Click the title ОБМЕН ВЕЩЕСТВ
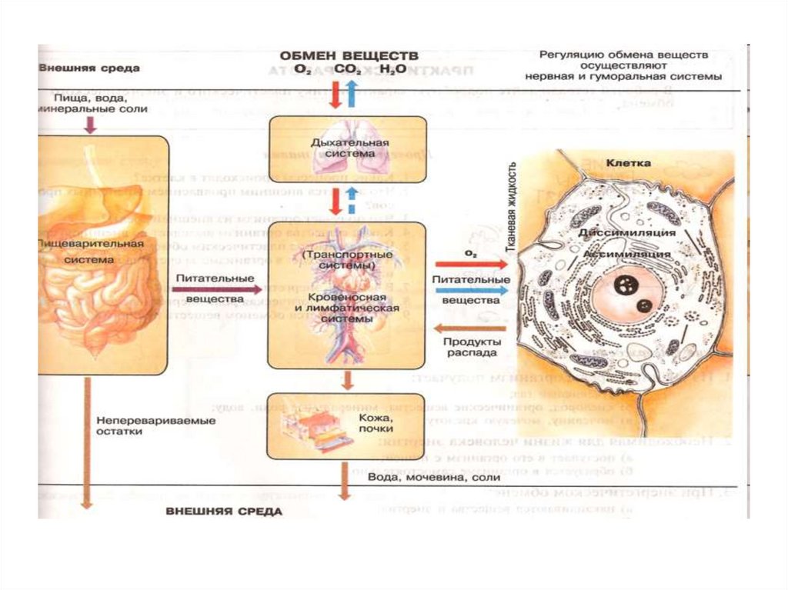pyautogui.click(x=349, y=56)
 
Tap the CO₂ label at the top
pyautogui.click(x=347, y=70)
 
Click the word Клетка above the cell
pyautogui.click(x=628, y=164)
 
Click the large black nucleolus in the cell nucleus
pyautogui.click(x=624, y=286)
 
